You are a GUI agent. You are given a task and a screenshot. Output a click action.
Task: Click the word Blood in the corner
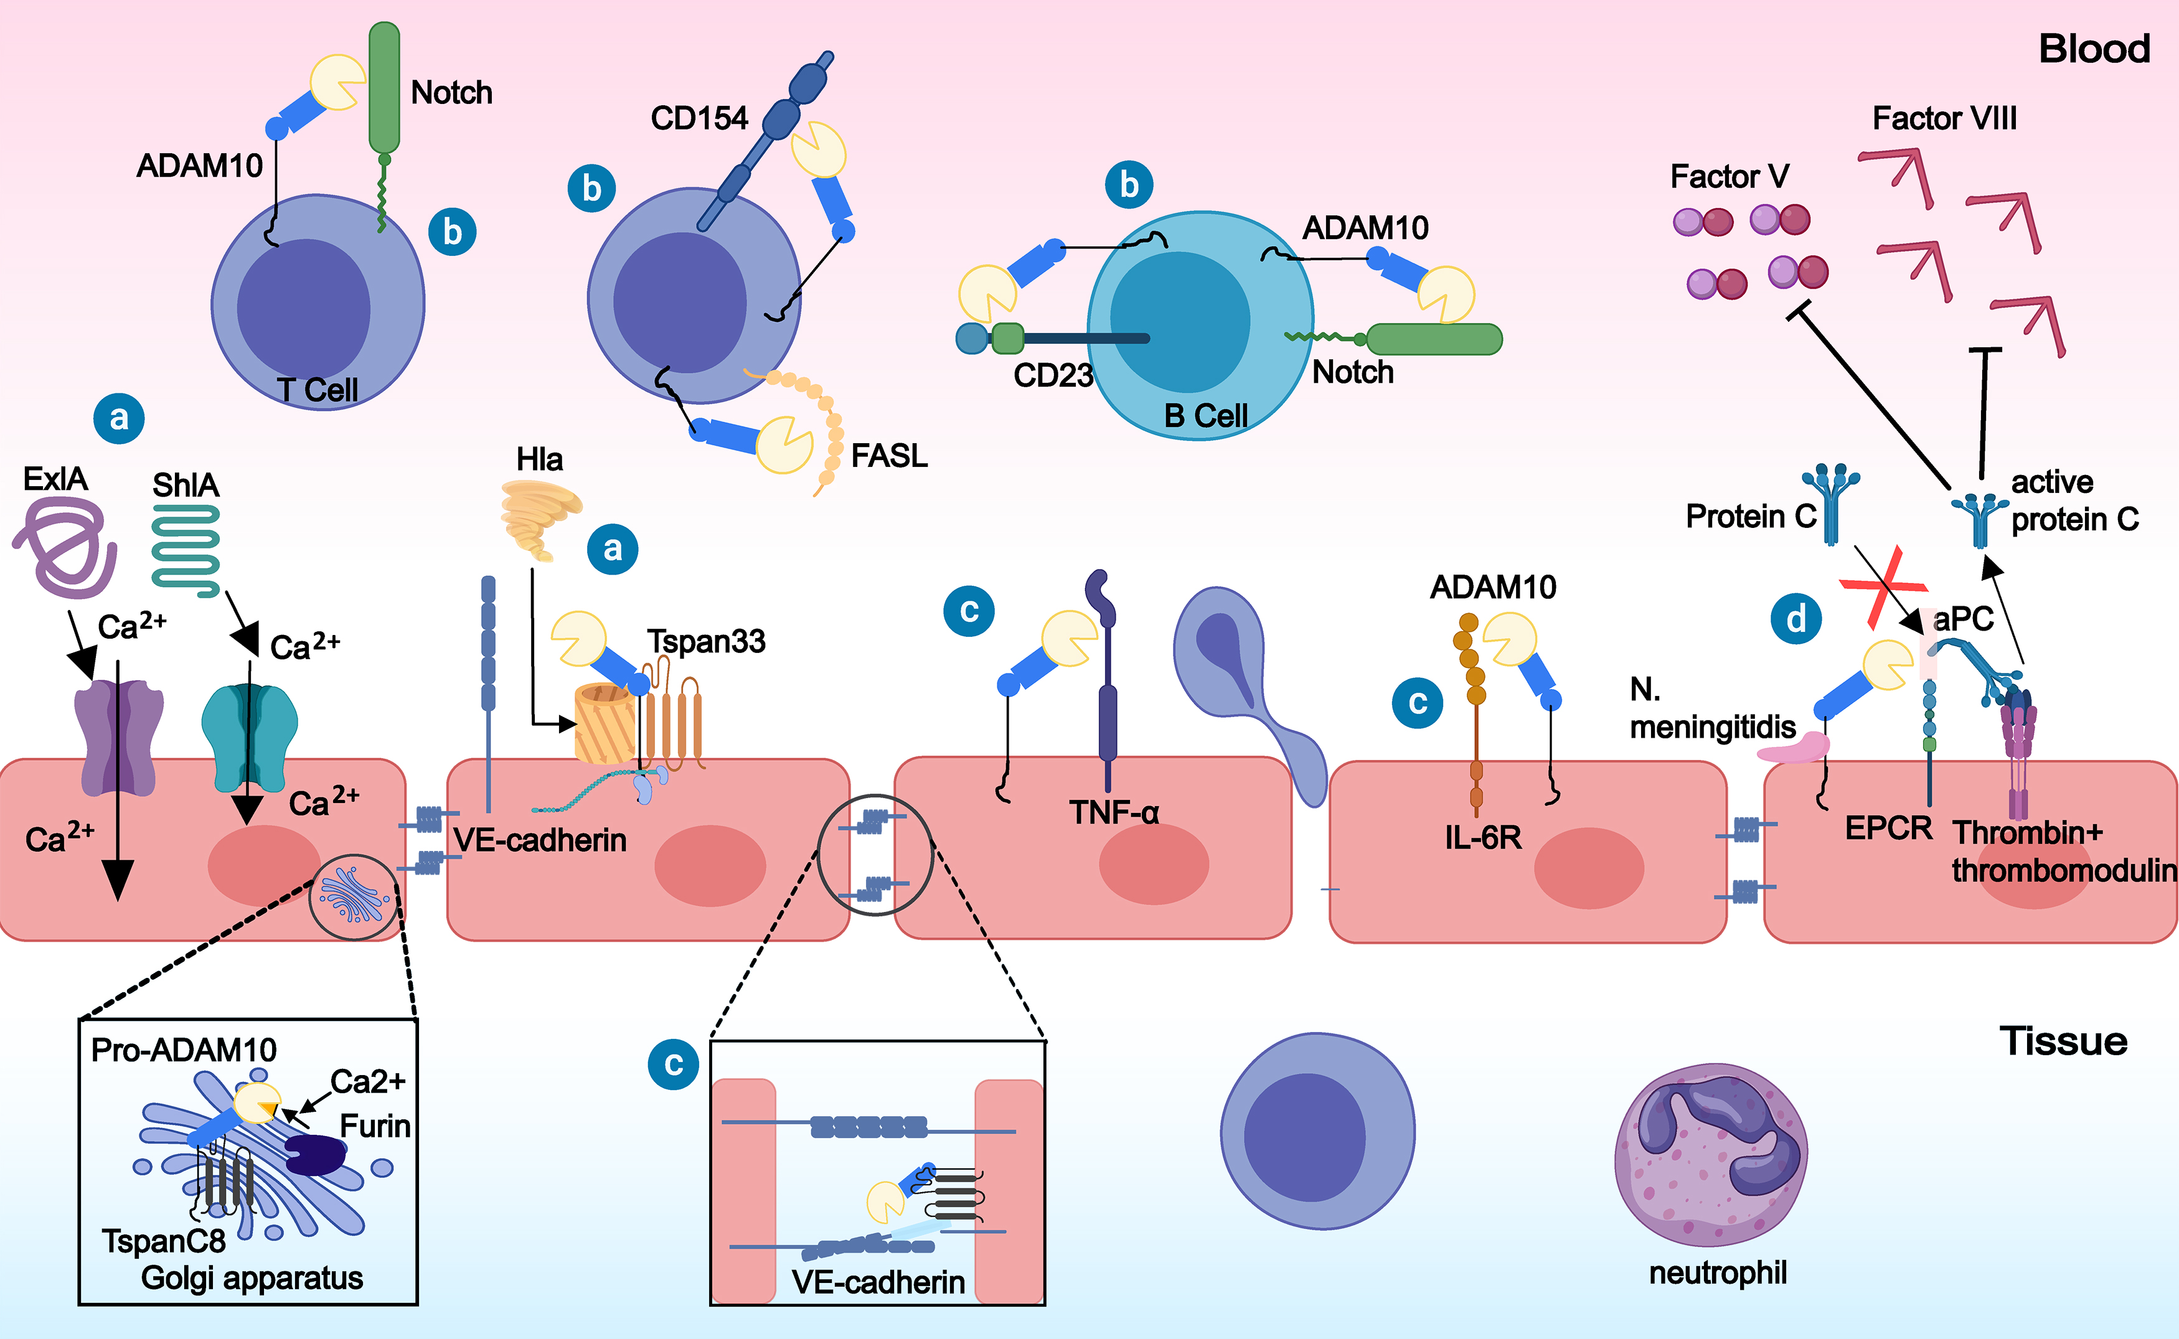coord(2094,49)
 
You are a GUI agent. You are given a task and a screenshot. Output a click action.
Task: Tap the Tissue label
coord(2063,1041)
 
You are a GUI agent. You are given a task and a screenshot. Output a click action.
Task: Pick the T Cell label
coord(317,390)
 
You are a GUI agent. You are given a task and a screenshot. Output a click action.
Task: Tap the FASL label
coord(889,456)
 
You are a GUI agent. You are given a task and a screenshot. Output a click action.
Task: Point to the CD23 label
coord(1053,375)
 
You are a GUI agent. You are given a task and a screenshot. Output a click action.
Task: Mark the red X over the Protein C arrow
coord(1884,587)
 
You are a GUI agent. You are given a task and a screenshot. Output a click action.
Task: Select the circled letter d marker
coord(1795,619)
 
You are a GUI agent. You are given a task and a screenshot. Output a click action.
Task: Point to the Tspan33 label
coord(705,641)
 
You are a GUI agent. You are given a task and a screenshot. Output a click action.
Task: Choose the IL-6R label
coord(1483,837)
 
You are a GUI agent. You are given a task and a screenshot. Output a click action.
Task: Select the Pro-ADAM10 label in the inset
coord(184,1050)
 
